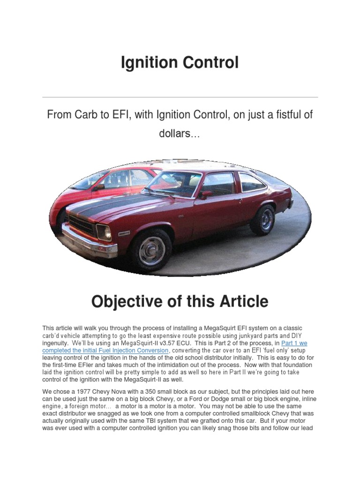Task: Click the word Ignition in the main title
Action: pos(148,62)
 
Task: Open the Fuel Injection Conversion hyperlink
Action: pos(105,350)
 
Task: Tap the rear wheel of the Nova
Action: pos(263,219)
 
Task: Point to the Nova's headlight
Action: pos(103,232)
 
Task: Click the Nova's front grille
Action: pos(81,225)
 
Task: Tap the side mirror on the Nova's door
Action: pos(205,194)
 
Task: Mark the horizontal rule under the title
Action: pos(180,97)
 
